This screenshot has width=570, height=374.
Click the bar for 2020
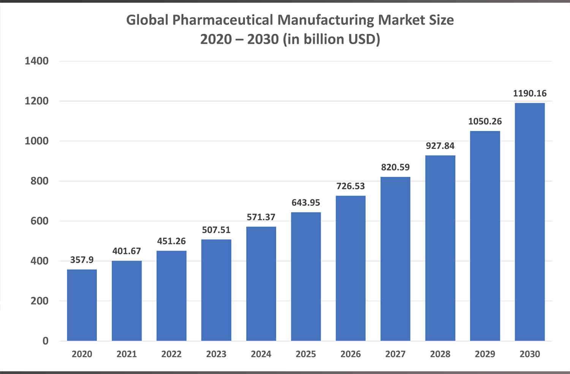82,305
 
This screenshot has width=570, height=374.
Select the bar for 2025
306,276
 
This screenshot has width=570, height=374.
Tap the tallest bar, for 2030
530,221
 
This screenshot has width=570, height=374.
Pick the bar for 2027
395,259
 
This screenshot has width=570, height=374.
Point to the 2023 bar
216,290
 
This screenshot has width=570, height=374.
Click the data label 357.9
82,260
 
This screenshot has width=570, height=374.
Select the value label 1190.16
530,93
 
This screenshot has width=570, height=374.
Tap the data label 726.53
350,186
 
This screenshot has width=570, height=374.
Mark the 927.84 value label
440,146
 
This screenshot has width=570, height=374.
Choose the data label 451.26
171,241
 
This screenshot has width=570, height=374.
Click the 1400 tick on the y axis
36,61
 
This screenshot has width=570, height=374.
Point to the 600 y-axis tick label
40,221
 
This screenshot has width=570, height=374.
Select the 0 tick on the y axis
46,341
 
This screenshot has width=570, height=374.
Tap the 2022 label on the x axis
171,354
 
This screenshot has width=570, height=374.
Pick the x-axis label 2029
485,354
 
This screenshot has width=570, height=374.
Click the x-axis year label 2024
261,354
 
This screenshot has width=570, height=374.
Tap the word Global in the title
147,20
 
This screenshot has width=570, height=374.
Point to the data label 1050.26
485,121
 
